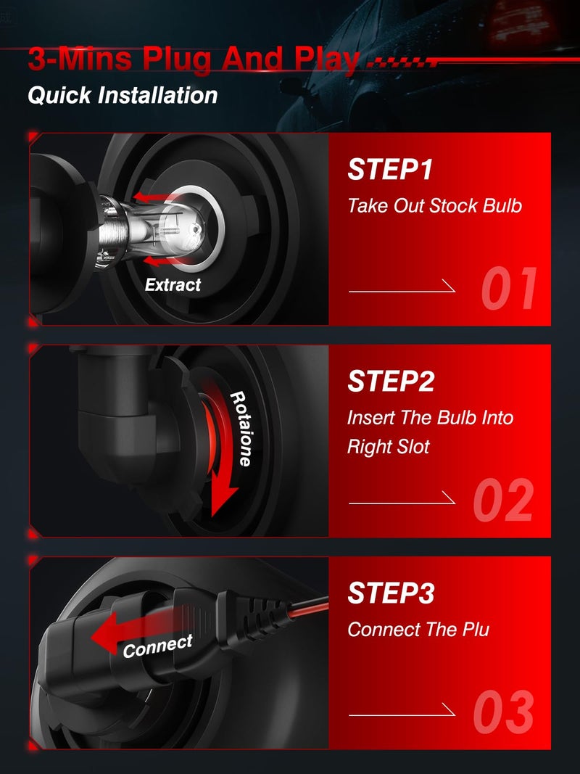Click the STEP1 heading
tap(390, 169)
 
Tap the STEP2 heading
tap(391, 381)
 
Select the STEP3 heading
tap(391, 593)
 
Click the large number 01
tap(509, 288)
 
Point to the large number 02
tap(504, 500)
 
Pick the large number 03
tap(504, 712)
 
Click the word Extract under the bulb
tap(173, 285)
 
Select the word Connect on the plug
tap(158, 646)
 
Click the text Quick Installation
tap(123, 95)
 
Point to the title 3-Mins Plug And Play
tap(194, 59)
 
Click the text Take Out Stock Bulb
tap(434, 206)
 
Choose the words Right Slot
tap(388, 448)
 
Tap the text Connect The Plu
tap(418, 630)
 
